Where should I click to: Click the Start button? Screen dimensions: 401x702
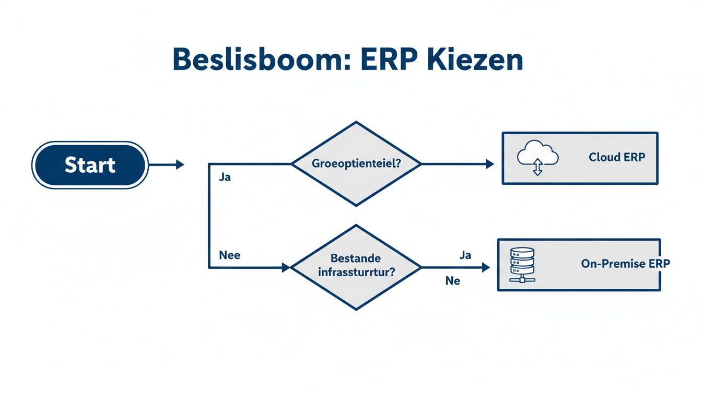[x=90, y=165]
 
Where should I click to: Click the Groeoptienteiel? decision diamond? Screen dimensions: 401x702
[x=356, y=163]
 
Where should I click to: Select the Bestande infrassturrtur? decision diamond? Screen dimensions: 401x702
[x=356, y=267]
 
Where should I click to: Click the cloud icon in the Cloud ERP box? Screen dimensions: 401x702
[x=537, y=155]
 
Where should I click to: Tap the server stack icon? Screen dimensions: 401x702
[x=522, y=264]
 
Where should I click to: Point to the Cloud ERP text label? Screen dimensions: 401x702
[x=616, y=157]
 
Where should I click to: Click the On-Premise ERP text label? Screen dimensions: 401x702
[x=625, y=264]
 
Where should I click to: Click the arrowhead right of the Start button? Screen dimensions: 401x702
[x=180, y=165]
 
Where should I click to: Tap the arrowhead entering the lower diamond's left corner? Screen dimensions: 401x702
[x=285, y=267]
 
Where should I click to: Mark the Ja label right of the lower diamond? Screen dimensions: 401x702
[x=465, y=255]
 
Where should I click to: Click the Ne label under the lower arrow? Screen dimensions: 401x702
[x=452, y=281]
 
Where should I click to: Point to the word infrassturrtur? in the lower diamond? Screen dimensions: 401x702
[x=356, y=272]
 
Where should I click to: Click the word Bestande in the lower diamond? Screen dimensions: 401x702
[x=356, y=258]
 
